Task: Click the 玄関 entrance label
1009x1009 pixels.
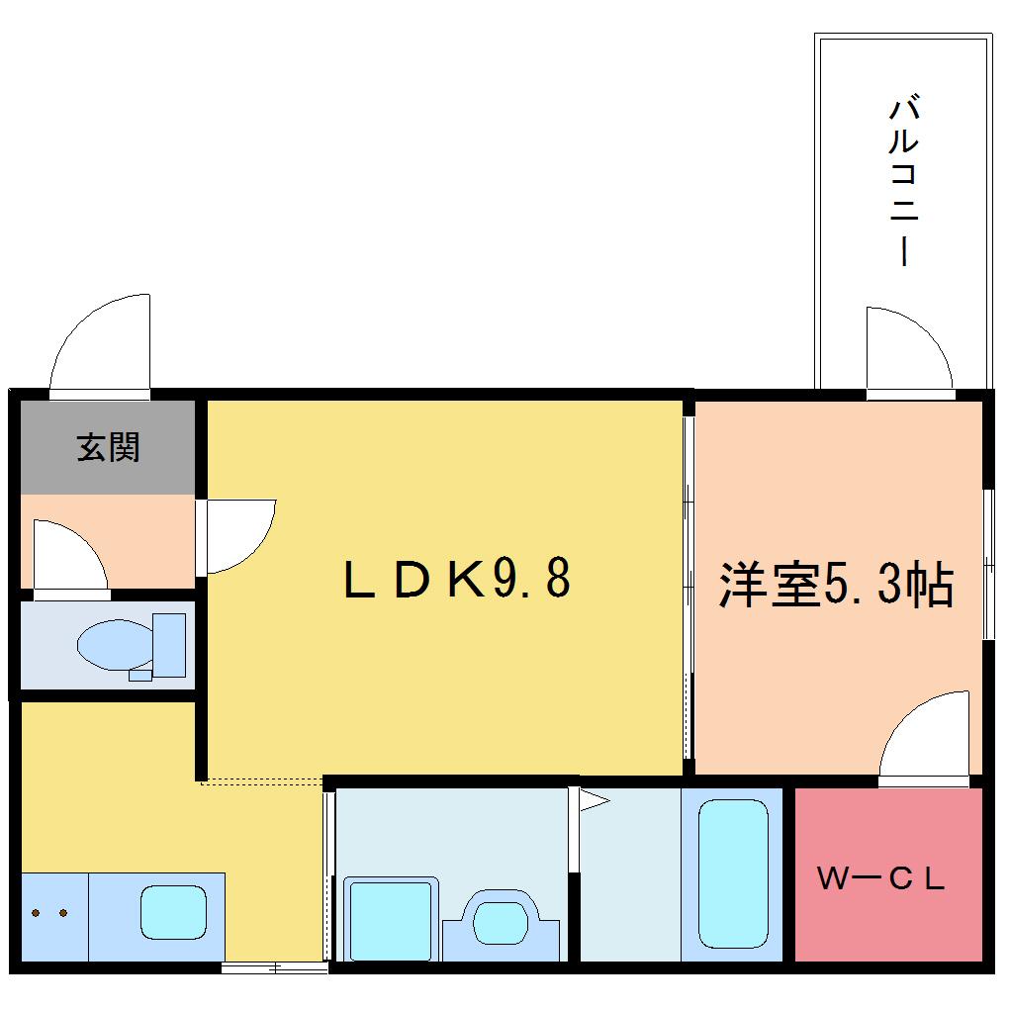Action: pos(108,446)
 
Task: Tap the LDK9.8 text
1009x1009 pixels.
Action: pos(458,579)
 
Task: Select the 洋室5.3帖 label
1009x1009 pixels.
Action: pos(836,585)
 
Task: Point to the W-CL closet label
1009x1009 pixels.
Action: pos(881,877)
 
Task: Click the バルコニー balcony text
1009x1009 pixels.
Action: pos(903,181)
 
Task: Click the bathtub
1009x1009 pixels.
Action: pos(733,873)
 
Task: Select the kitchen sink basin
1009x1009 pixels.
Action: pos(174,912)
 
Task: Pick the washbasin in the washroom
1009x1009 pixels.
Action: pos(500,923)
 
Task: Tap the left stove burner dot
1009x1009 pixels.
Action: pos(36,912)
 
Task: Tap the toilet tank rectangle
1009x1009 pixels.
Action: pos(168,645)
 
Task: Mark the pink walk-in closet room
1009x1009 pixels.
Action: pos(888,874)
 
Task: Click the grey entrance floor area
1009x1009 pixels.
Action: pos(108,447)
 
